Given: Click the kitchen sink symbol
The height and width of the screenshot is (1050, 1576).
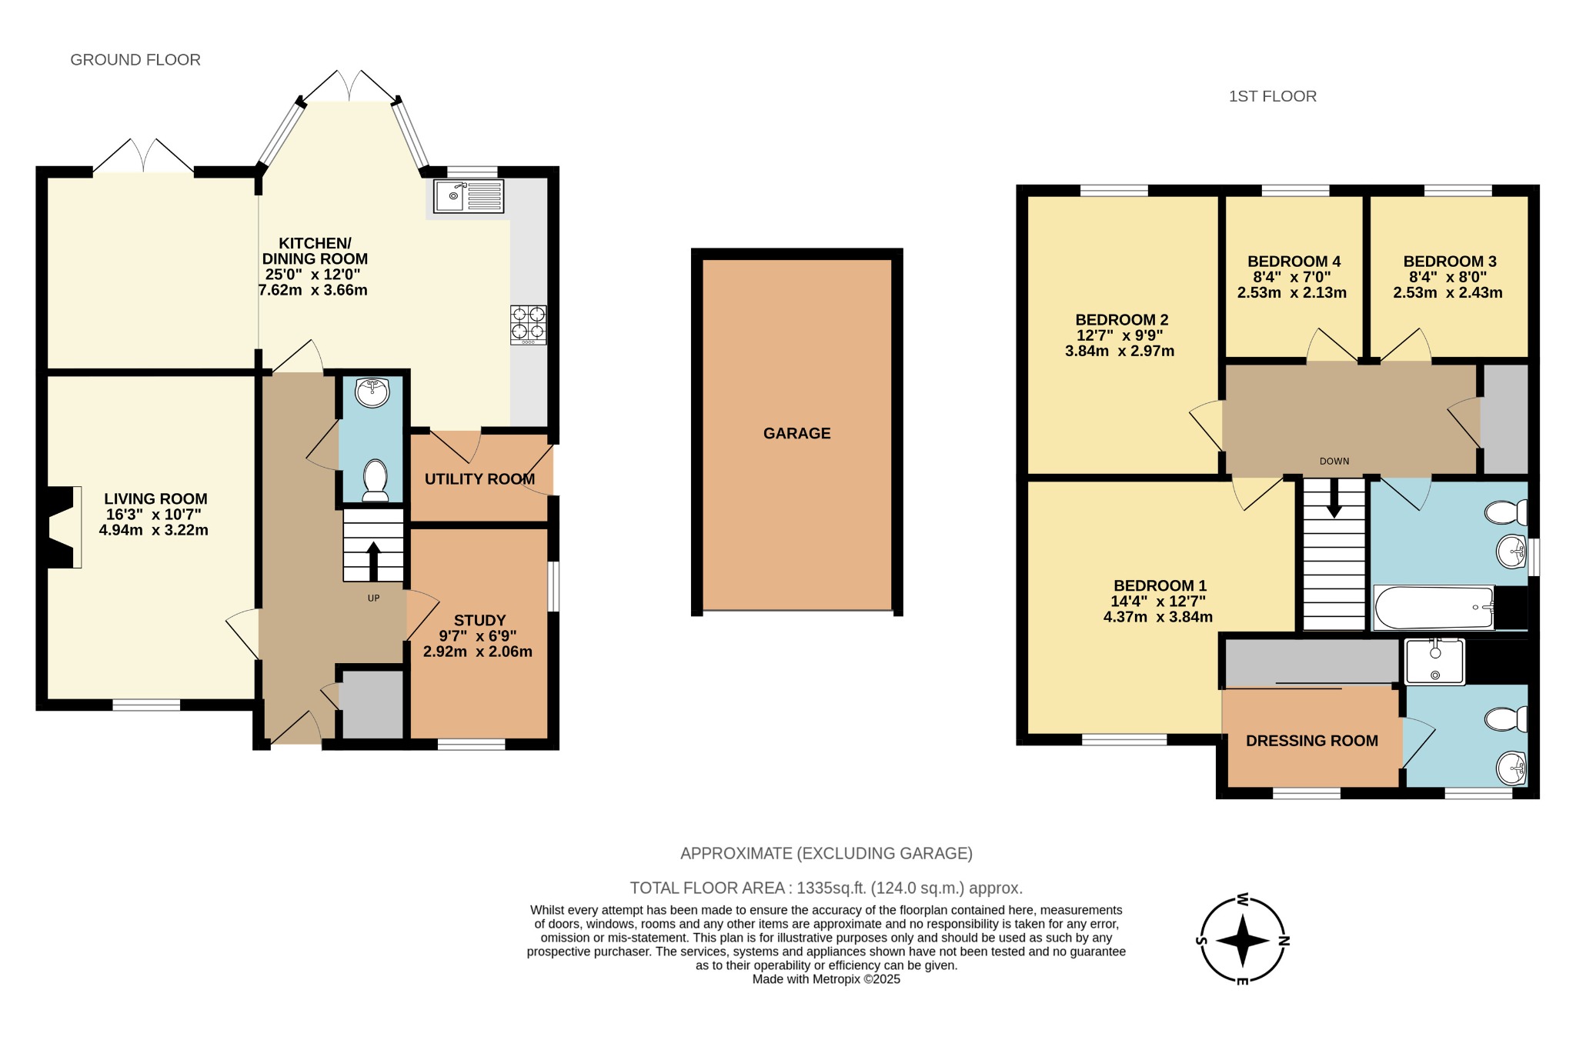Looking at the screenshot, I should tap(469, 196).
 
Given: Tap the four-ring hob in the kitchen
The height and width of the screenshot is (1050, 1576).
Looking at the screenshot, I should tap(529, 324).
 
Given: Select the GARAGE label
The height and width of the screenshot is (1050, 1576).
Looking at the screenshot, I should tap(796, 433).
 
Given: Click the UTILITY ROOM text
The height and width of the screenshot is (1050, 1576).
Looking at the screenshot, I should tap(479, 479).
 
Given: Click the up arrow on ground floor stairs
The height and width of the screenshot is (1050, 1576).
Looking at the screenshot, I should tap(373, 560).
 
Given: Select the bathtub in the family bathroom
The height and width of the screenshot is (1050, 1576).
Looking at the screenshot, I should tap(1434, 608).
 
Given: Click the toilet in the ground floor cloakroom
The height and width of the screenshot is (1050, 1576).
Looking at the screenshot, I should tap(376, 479).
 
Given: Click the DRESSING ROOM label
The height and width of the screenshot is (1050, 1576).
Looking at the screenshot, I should tap(1311, 741).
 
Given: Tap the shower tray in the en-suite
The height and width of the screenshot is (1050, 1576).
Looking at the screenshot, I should tap(1434, 662).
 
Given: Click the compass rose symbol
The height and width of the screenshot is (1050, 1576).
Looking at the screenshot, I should tap(1243, 940).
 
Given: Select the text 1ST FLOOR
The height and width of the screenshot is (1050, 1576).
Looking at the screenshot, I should tap(1272, 96).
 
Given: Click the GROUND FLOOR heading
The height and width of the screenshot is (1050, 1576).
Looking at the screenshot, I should tap(135, 60).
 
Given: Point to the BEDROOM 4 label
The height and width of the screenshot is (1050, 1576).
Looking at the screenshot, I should tap(1294, 262).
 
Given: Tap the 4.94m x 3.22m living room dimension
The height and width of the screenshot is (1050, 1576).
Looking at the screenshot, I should tap(154, 530).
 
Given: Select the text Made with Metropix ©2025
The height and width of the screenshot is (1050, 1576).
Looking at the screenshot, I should tap(826, 979).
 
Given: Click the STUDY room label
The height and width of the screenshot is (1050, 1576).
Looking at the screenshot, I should tap(479, 620).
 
